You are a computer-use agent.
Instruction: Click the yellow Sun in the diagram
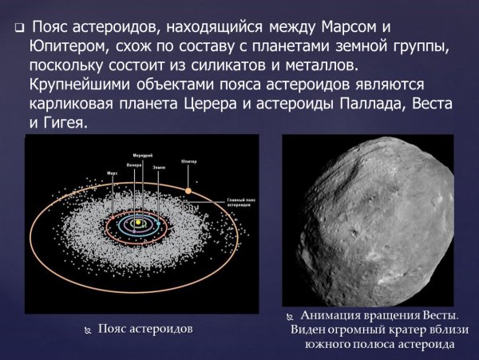click(137, 221)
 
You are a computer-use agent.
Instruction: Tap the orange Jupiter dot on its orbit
click(188, 190)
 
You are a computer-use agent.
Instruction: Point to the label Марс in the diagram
click(113, 172)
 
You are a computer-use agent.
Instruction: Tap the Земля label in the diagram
click(157, 166)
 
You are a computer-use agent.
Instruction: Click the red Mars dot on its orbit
click(113, 216)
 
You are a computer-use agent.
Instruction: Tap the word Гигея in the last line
click(67, 125)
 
